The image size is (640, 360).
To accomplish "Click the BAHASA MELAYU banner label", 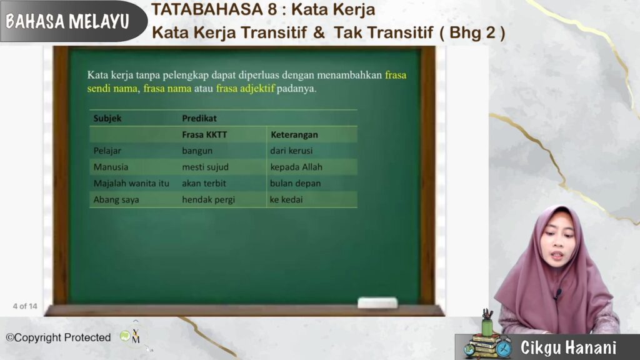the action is tap(67, 21).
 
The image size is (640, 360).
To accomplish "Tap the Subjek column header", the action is tap(107, 118).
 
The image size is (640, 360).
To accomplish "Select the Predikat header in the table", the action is tap(199, 118).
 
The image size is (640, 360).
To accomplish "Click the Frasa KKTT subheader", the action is tap(204, 135).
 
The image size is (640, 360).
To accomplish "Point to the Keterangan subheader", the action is tap(294, 135).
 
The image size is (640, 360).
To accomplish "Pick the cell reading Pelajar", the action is tap(107, 151).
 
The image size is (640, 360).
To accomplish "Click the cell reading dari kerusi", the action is tap(291, 151).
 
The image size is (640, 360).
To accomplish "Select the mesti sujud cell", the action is tap(205, 167).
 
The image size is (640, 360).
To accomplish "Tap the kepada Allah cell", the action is tap(296, 167).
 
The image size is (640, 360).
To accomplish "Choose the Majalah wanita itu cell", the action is tap(131, 183).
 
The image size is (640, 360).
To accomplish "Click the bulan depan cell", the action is tap(295, 183).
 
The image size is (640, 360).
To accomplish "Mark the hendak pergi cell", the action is tap(208, 199).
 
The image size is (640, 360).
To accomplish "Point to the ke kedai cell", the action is tap(286, 199).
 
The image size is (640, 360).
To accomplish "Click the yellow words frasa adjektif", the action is tap(245, 89).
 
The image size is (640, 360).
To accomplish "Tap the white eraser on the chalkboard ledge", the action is tap(377, 302).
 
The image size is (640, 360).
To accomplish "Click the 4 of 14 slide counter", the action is tap(25, 306).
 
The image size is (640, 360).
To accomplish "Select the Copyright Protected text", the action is tap(58, 337).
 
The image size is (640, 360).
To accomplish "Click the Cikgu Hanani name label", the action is tap(568, 347).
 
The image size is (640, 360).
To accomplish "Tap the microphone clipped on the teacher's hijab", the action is tap(557, 293).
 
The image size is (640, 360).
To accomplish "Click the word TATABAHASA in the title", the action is tap(208, 9).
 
